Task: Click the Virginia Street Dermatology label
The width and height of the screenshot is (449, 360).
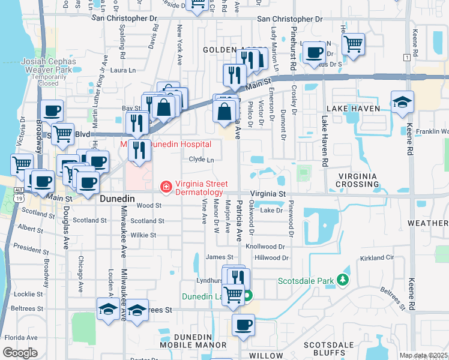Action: (199, 188)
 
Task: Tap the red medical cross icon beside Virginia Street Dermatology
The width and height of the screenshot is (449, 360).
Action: (165, 188)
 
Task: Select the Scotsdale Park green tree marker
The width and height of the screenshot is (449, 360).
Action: (343, 280)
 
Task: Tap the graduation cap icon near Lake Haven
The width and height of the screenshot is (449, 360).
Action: (402, 103)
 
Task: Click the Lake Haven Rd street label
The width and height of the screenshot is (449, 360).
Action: (325, 141)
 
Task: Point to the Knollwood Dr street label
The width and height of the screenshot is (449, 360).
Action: (268, 247)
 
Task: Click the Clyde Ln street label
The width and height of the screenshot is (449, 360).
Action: (201, 160)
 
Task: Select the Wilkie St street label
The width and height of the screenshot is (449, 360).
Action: (143, 235)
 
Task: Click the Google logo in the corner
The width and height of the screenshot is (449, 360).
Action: (20, 352)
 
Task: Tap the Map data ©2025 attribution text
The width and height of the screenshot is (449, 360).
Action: (423, 355)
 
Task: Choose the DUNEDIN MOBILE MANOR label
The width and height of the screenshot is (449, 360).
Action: (194, 340)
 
